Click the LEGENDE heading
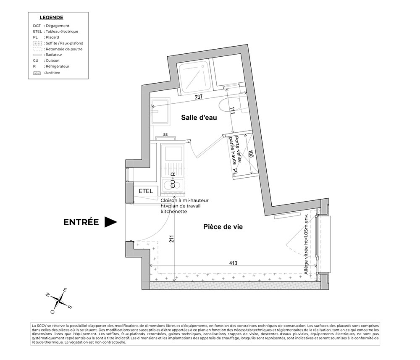[x=51, y=18]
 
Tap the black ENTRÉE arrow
[x=110, y=222]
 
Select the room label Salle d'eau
[x=199, y=118]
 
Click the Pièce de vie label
[x=223, y=227]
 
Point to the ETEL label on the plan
[x=146, y=191]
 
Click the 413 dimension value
[x=233, y=263]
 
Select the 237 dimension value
[x=199, y=97]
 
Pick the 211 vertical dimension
[x=172, y=239]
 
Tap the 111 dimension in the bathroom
[x=232, y=111]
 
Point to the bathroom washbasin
[x=160, y=112]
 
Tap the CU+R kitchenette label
[x=173, y=180]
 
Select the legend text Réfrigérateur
[x=57, y=66]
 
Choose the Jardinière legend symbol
[x=37, y=73]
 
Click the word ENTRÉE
[x=81, y=222]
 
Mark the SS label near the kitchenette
[x=165, y=134]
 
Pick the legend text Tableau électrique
[x=62, y=32]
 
